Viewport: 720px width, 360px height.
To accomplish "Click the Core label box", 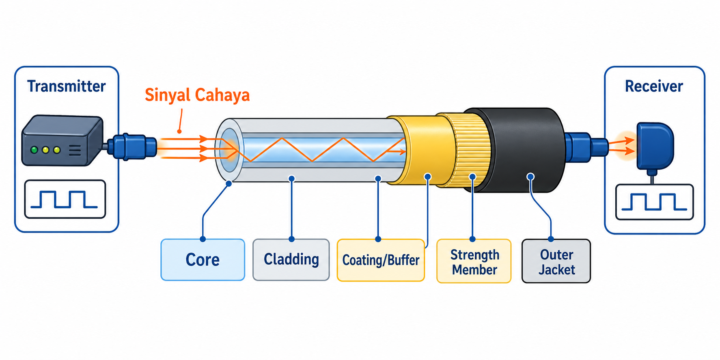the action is click(x=203, y=260).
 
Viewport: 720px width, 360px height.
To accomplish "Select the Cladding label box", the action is click(x=291, y=260).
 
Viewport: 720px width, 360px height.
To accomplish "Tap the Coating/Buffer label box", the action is click(x=381, y=260).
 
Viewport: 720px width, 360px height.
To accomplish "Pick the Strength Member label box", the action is click(x=474, y=261).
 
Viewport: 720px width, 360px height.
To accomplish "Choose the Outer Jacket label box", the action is click(x=556, y=261).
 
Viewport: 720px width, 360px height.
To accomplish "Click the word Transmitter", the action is click(x=67, y=86).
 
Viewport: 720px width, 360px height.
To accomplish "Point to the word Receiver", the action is click(x=654, y=86).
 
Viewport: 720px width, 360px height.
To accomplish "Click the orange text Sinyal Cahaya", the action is click(x=197, y=95).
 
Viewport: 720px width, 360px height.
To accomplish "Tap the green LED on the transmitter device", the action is click(x=34, y=150).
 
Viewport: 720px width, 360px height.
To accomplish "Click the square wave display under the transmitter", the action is click(x=65, y=199).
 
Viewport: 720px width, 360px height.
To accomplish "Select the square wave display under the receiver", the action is click(x=654, y=202).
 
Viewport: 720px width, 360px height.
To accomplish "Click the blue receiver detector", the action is click(x=654, y=146).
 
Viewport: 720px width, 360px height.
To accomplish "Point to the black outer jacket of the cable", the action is click(x=524, y=150).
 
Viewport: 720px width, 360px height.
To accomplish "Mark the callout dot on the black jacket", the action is click(x=530, y=177).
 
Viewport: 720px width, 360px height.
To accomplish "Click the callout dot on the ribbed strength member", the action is click(x=472, y=177).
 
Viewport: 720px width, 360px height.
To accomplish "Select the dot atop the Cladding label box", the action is click(x=291, y=239).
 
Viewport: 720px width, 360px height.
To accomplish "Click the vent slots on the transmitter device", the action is click(x=75, y=151).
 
